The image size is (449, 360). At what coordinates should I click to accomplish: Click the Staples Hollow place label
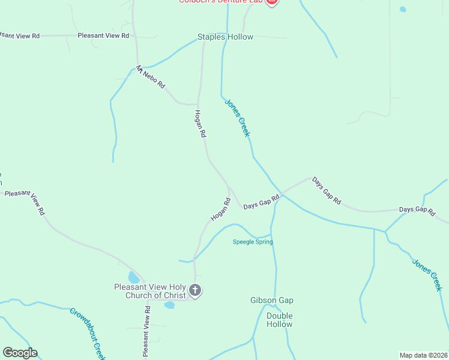tap(226, 37)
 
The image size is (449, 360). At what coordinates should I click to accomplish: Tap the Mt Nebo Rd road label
tap(150, 77)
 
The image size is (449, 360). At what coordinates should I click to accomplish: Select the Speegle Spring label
tap(253, 242)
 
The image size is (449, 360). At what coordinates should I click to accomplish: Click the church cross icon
tap(194, 291)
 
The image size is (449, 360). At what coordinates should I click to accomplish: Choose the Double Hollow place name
tap(279, 320)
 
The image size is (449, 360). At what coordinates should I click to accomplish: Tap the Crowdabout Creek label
tap(88, 329)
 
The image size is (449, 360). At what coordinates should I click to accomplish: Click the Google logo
tap(20, 353)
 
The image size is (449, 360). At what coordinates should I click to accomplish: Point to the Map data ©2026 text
tap(423, 355)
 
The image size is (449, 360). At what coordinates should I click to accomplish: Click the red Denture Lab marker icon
tap(271, 2)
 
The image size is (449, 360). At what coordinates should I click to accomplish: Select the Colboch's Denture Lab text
tap(221, 2)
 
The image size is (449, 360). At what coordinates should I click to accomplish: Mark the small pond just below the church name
tap(169, 305)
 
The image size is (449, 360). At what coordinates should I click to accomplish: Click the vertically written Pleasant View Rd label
tap(146, 331)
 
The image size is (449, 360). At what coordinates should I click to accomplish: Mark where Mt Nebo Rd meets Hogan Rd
tap(198, 104)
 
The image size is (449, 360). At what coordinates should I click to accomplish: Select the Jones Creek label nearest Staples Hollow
tap(237, 118)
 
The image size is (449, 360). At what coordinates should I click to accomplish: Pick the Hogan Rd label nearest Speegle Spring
tap(220, 209)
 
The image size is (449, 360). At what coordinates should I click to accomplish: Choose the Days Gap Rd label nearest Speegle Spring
tap(262, 202)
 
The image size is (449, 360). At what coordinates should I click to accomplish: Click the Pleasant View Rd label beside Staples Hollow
tap(103, 36)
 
